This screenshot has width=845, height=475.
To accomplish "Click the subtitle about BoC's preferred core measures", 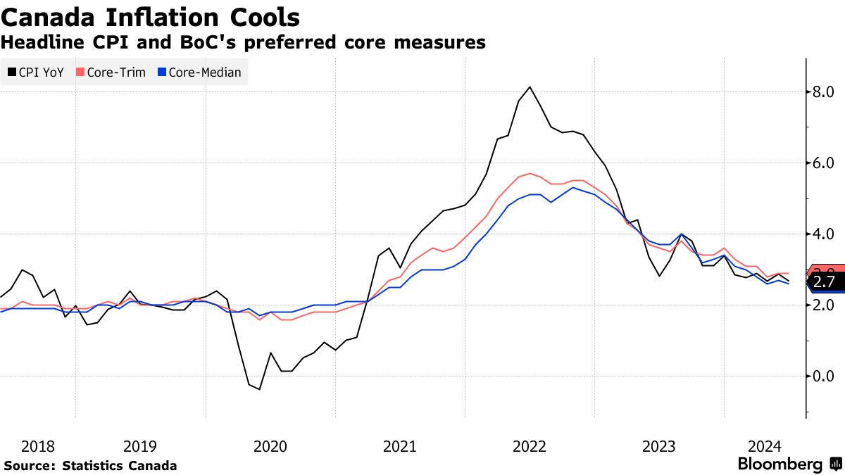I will click(243, 43).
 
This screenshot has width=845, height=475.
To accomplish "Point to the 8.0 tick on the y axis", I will click(822, 92).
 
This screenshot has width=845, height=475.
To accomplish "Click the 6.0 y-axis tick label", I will click(822, 163).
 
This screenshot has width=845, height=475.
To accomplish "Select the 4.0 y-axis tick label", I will click(822, 234).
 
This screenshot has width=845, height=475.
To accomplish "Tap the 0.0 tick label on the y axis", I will click(822, 376).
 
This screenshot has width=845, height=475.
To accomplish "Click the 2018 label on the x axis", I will click(38, 446).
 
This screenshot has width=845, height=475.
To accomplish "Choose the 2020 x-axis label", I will click(270, 446).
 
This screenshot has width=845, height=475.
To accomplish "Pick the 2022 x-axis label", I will click(530, 446).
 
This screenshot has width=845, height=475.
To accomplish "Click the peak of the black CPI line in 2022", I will click(530, 87).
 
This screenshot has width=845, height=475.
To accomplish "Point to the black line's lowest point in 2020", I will click(259, 389).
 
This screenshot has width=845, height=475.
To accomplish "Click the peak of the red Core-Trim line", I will click(530, 173).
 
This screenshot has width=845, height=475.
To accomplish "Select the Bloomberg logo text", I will click(780, 464).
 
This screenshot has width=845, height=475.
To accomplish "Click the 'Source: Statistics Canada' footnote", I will click(90, 466).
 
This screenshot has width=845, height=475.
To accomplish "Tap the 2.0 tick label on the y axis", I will click(822, 305).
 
